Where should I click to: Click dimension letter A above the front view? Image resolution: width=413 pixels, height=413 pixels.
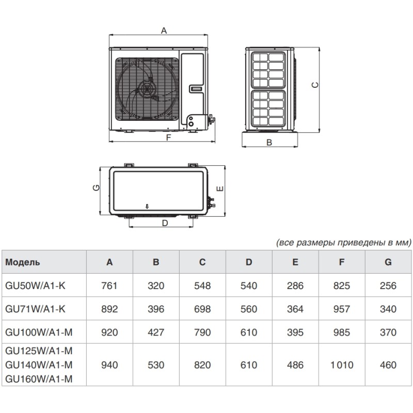[x=164, y=30]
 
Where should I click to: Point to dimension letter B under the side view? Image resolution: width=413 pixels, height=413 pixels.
[x=269, y=142]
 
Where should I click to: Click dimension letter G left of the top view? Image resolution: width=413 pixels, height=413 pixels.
[x=97, y=189]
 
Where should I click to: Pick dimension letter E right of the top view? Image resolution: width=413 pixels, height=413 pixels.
[x=220, y=189]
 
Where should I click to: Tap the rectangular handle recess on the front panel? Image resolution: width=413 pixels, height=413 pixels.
[x=197, y=89]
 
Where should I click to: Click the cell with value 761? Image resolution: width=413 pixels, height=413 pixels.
[x=109, y=286]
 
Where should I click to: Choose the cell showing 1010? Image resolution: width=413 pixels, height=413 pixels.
[x=341, y=365]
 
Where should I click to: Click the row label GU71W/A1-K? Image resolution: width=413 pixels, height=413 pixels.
[x=35, y=309]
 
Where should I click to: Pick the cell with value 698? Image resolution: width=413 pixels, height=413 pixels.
[x=202, y=309]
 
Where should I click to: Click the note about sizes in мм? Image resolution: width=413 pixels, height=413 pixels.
[x=343, y=242]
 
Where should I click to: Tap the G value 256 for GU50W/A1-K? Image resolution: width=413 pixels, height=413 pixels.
[x=388, y=286]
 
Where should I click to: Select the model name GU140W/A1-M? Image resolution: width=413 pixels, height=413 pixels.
[x=39, y=365]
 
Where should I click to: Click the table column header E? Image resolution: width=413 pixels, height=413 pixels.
[x=295, y=262]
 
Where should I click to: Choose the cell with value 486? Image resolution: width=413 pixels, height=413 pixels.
[x=295, y=365]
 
